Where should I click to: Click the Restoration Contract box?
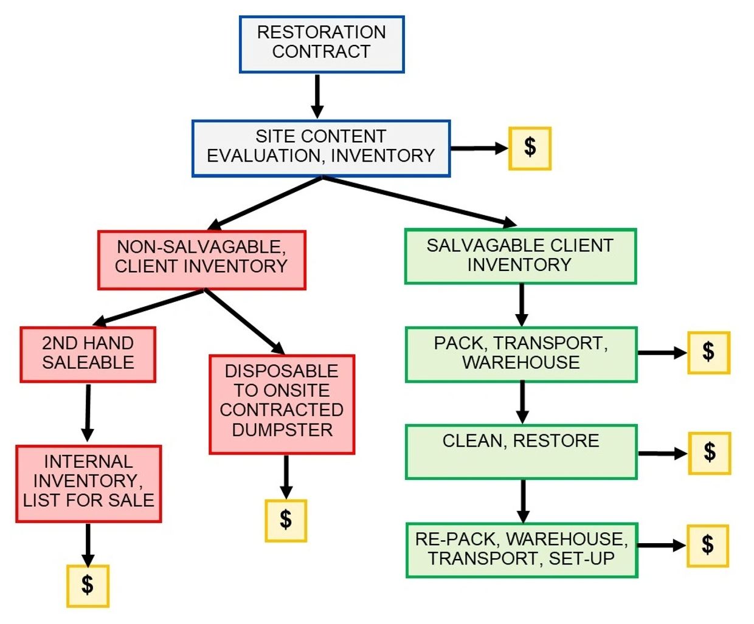point(321,44)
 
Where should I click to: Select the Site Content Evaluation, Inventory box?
point(321,148)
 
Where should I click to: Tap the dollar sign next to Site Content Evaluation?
point(530,148)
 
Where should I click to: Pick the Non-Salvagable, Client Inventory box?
point(201,259)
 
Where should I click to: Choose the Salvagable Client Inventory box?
point(520,256)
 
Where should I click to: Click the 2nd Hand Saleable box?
point(88,354)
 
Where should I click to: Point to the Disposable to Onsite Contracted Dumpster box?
point(282,404)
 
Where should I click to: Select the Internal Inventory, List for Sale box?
point(88,483)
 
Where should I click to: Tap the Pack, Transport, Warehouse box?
point(521,354)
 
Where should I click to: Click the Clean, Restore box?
point(521,451)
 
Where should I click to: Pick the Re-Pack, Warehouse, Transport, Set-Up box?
point(521,549)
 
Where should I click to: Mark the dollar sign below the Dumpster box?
point(286,520)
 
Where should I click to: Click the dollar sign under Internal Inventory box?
point(88,586)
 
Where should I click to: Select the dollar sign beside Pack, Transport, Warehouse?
point(708,352)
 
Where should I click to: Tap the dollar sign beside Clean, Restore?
point(709,453)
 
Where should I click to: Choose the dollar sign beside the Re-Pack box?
point(708,546)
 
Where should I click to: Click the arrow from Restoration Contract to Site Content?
point(317,96)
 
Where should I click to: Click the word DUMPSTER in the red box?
point(282,430)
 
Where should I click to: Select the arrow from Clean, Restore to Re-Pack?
point(522,501)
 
